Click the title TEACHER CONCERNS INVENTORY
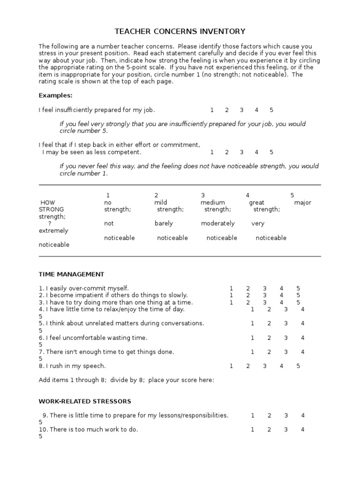click(180, 31)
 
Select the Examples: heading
click(55, 96)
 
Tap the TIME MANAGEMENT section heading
click(71, 274)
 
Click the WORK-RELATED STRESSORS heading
click(85, 401)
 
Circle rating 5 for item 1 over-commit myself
click(298, 288)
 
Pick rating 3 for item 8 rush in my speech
click(265, 366)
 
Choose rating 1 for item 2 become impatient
click(231, 295)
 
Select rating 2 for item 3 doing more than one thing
click(248, 302)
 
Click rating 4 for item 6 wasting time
click(303, 337)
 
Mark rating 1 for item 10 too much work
click(253, 429)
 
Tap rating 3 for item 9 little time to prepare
click(286, 415)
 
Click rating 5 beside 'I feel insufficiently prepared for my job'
click(271, 110)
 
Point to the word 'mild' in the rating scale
click(161, 202)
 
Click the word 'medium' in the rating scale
click(213, 202)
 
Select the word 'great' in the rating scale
click(257, 202)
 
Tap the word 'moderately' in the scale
click(218, 224)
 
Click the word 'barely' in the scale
click(164, 224)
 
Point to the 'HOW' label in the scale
click(48, 202)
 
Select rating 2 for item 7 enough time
click(270, 352)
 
